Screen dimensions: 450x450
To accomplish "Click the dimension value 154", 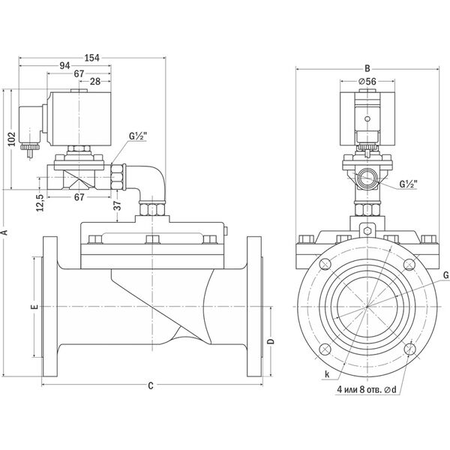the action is point(92,58).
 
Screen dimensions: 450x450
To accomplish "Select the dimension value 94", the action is point(64,66).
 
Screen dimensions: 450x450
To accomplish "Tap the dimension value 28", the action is point(95,82).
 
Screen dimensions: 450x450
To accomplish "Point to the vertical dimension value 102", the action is point(11,139).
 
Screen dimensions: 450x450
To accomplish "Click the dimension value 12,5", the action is point(40,203).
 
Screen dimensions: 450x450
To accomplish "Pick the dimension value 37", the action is point(118,205).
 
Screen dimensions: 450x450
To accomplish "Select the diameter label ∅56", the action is point(367,82).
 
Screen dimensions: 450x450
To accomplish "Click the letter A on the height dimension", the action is point(4,232).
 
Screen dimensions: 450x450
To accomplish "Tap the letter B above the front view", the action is point(367,68).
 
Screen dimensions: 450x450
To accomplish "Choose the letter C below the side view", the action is point(151,386).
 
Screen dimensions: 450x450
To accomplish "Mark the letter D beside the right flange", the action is point(271,341).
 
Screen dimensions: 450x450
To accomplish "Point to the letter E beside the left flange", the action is point(34,307).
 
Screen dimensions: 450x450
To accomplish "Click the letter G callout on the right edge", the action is point(446,275).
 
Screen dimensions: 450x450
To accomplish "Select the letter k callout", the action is point(327,374).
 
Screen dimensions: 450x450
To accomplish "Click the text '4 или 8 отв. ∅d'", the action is point(367,389).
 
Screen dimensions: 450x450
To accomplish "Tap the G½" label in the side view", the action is point(138,136).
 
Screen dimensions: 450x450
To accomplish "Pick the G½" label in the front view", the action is point(409,184).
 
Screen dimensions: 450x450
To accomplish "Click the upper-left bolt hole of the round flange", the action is point(325,264).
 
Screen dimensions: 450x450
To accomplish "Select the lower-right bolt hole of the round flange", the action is point(409,349).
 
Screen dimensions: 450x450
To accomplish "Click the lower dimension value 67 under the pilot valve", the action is point(79,197).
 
